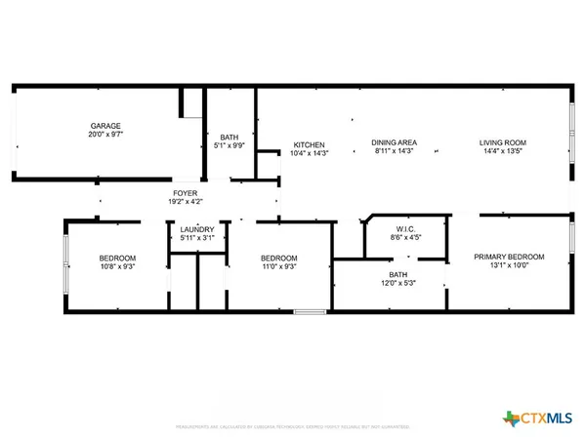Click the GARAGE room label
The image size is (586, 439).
[105, 127]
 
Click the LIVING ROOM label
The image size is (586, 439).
[503, 143]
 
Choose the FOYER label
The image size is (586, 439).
[187, 193]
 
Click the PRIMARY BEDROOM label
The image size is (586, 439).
[509, 257]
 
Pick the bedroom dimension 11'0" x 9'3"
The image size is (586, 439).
[278, 266]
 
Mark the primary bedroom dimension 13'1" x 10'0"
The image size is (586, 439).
[509, 266]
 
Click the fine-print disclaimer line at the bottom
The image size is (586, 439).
[293, 426]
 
